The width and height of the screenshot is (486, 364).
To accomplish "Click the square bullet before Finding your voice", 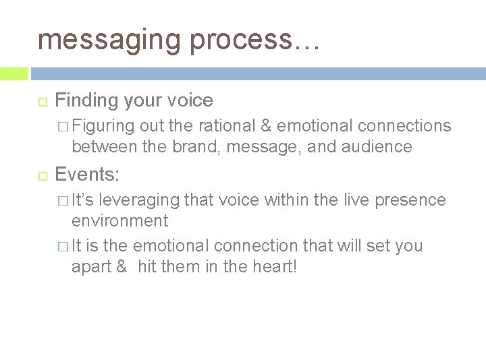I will point(40,101).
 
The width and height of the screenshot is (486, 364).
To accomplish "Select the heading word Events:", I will point(87,175).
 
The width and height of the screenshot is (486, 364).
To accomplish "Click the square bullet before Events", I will point(40,176).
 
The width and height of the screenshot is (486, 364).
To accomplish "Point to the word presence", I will point(413,200).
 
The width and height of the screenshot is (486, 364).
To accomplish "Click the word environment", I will point(120,220).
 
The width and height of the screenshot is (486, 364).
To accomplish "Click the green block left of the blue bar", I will point(14,73).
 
